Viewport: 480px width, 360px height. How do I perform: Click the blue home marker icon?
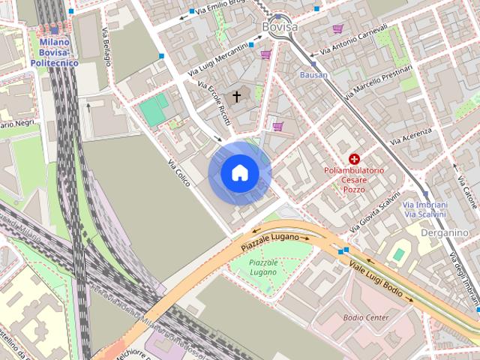pyautogui.click(x=239, y=173)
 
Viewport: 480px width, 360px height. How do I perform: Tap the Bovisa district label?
pyautogui.click(x=280, y=27)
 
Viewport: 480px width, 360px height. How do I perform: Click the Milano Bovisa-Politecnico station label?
pyautogui.click(x=55, y=53)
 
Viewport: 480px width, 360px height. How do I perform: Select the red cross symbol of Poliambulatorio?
pyautogui.click(x=354, y=159)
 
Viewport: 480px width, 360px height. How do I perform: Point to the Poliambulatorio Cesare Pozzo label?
pyautogui.click(x=354, y=180)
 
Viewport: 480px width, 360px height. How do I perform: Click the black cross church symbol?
pyautogui.click(x=237, y=97)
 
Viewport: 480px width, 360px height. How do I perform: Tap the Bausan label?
pyautogui.click(x=313, y=76)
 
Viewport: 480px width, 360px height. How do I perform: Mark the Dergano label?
pyautogui.click(x=445, y=232)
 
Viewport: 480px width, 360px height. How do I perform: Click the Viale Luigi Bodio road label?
pyautogui.click(x=380, y=278)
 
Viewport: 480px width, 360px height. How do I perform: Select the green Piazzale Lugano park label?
pyautogui.click(x=263, y=268)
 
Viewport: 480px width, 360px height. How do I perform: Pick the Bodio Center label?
pyautogui.click(x=366, y=317)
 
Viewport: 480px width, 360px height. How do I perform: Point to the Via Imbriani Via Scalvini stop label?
pyautogui.click(x=426, y=210)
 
